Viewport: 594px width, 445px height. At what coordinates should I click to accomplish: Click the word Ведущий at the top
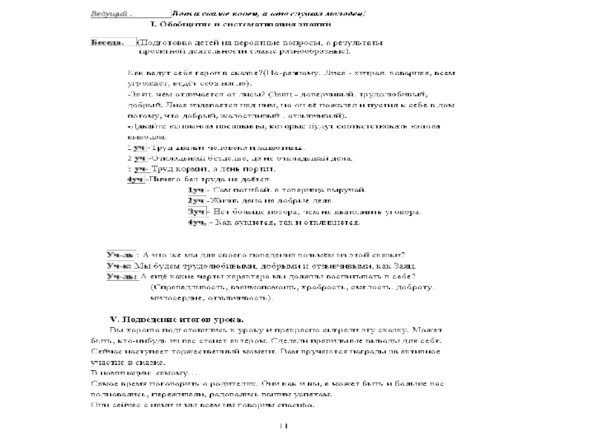click(108, 14)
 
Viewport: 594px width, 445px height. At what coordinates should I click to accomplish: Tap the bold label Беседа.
click(107, 42)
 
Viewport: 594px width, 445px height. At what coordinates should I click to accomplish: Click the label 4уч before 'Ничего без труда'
click(136, 179)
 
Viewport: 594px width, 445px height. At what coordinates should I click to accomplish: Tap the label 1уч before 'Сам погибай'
click(196, 190)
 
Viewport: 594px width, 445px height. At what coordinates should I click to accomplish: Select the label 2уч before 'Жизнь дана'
click(196, 200)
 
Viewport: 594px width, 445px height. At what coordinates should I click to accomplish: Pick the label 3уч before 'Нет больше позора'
click(196, 211)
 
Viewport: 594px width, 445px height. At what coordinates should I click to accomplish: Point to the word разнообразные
click(316, 53)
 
